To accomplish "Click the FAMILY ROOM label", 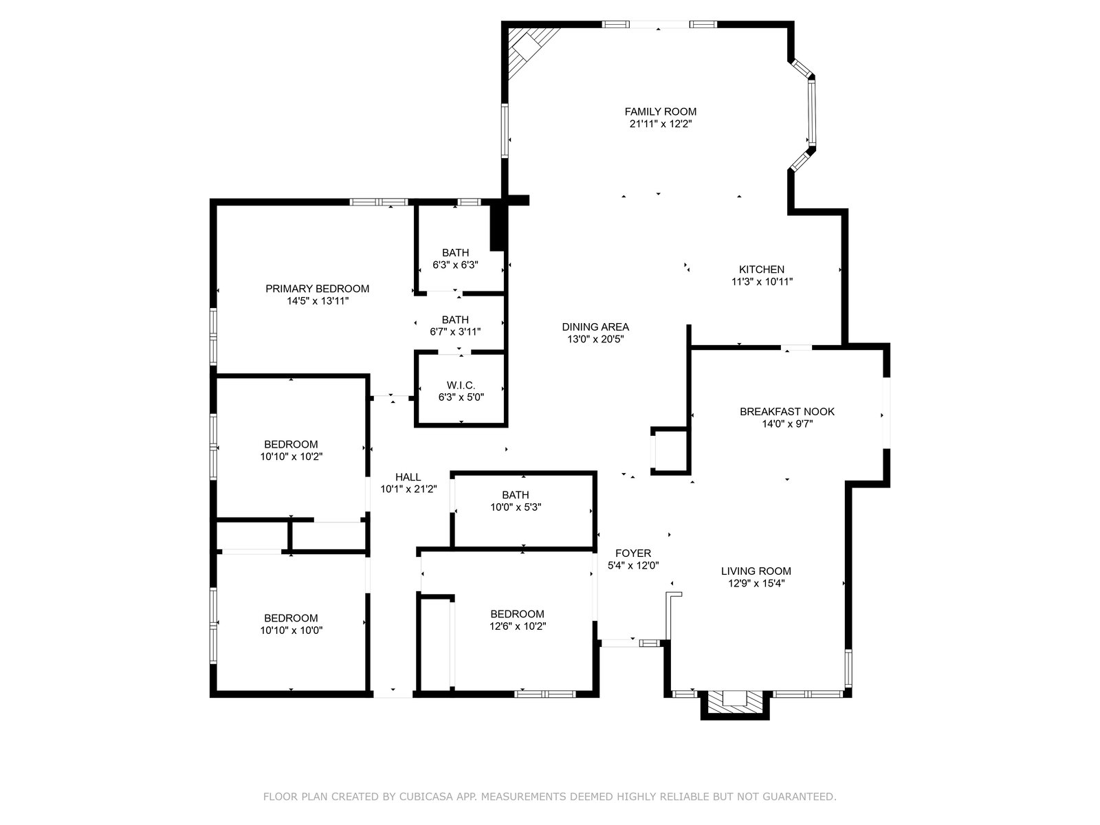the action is click(x=660, y=111).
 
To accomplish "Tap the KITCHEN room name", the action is click(x=761, y=269).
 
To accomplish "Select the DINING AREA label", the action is click(x=595, y=327).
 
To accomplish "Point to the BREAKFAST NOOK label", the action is click(x=786, y=412).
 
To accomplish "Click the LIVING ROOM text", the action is click(x=756, y=571).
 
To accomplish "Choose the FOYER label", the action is click(x=633, y=553).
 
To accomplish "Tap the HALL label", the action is click(x=408, y=477).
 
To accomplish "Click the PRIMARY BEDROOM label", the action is click(x=317, y=289).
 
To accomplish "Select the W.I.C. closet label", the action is click(x=461, y=385).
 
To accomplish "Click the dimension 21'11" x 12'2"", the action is click(x=661, y=124).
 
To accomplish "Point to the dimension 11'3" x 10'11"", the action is click(x=762, y=282).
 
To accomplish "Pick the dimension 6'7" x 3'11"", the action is click(x=455, y=331).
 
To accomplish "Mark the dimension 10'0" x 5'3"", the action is click(x=515, y=507).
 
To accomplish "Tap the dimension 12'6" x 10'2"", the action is click(x=517, y=626).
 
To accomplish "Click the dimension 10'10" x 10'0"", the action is click(x=291, y=630).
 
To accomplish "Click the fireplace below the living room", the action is click(x=735, y=705).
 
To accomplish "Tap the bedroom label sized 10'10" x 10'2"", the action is click(x=291, y=444).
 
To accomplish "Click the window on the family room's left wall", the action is click(x=505, y=131).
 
